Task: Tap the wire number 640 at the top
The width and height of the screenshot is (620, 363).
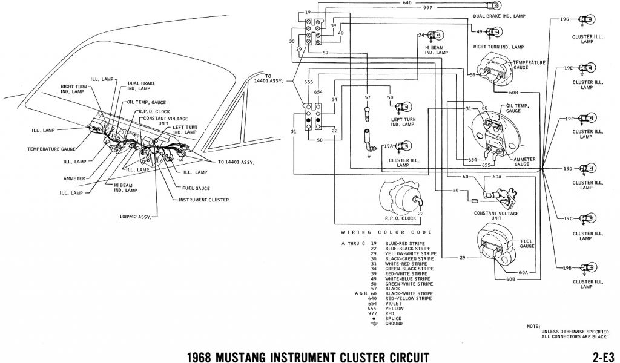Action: pyautogui.click(x=407, y=2)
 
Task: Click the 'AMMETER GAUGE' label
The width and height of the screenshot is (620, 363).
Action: pyautogui.click(x=524, y=160)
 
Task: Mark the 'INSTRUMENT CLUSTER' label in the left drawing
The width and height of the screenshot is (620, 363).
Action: pyautogui.click(x=203, y=199)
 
